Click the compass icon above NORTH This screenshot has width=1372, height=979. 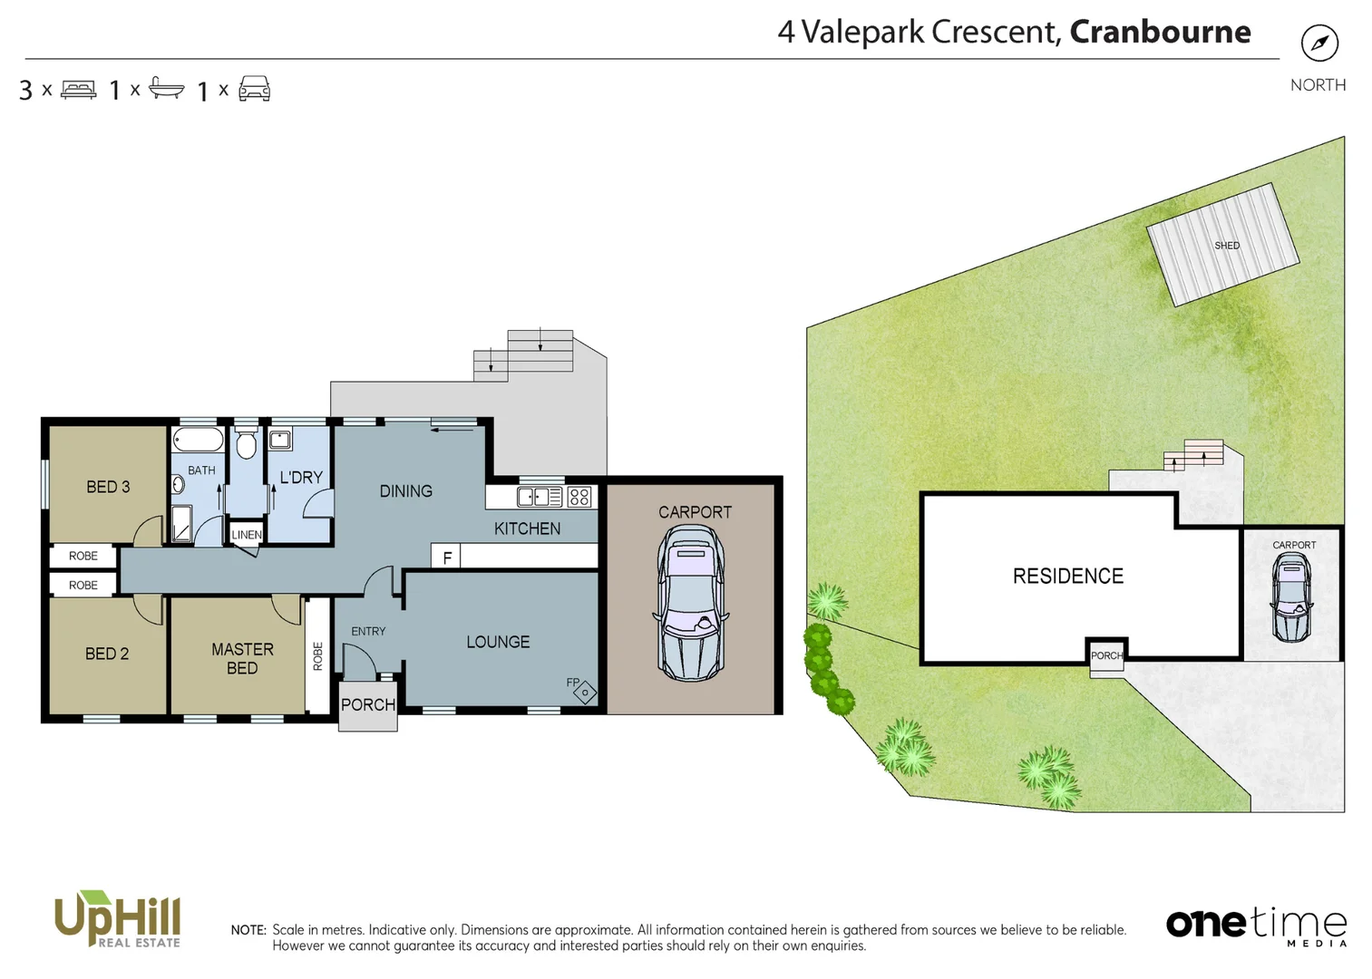point(1318,43)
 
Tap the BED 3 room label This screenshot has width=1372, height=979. point(108,487)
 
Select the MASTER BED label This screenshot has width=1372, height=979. point(242,659)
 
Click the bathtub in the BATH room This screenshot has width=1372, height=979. point(198,441)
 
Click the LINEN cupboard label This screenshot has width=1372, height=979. point(246,535)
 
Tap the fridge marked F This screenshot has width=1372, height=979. point(446,557)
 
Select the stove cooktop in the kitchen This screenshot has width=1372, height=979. point(579,497)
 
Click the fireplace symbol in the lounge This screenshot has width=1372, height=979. point(585,693)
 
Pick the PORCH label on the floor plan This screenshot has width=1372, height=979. point(367,705)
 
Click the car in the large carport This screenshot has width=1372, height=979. point(691,603)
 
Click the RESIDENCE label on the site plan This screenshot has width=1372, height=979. point(1067,577)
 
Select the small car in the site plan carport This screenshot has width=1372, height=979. point(1291,598)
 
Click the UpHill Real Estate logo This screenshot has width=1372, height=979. point(118,919)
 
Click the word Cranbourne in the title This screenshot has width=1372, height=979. point(1160,32)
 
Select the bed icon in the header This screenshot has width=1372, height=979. point(78,90)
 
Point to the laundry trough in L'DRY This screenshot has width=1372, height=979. point(280,441)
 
